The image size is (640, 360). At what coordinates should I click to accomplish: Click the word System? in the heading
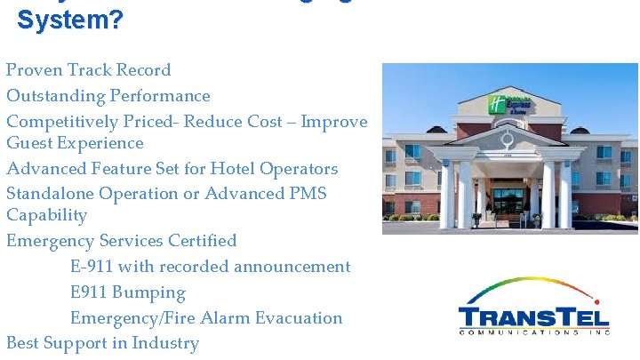[x=70, y=19]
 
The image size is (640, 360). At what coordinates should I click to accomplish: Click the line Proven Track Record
[x=89, y=70]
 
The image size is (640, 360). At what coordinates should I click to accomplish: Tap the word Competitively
[x=63, y=122]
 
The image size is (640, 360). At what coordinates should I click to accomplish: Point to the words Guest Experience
[x=75, y=143]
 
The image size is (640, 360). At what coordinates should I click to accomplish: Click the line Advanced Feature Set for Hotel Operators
[x=172, y=169]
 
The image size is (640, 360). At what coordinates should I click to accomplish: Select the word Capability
[x=47, y=216]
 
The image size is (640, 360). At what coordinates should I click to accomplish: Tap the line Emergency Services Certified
[x=122, y=241]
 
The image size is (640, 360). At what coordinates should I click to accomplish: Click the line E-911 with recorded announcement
[x=210, y=267]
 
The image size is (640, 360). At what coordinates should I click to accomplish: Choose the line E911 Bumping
[x=128, y=292]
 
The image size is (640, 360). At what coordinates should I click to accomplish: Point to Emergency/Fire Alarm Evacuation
[x=206, y=318]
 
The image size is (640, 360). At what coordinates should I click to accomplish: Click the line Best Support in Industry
[x=102, y=343]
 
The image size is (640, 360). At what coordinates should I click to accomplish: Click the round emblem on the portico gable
[x=508, y=140]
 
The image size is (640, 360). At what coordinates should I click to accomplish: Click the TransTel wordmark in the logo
[x=533, y=316]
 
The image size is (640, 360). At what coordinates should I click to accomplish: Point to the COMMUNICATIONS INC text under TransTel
[x=533, y=332]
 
